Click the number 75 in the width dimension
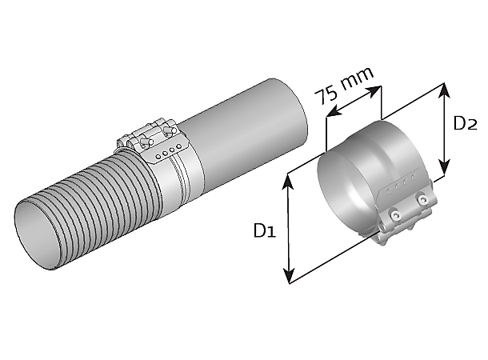point(326,94)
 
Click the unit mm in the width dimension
point(357,78)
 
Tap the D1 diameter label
point(265,230)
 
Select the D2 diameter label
point(465,123)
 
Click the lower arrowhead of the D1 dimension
point(289,274)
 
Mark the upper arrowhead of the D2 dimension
point(445,91)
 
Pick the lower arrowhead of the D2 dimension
point(445,167)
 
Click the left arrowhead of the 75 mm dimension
point(334,112)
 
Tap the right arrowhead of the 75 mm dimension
point(373,91)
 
